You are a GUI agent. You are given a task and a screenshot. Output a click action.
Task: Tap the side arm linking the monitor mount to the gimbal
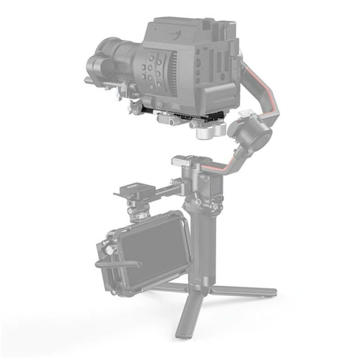click(x=166, y=189)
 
